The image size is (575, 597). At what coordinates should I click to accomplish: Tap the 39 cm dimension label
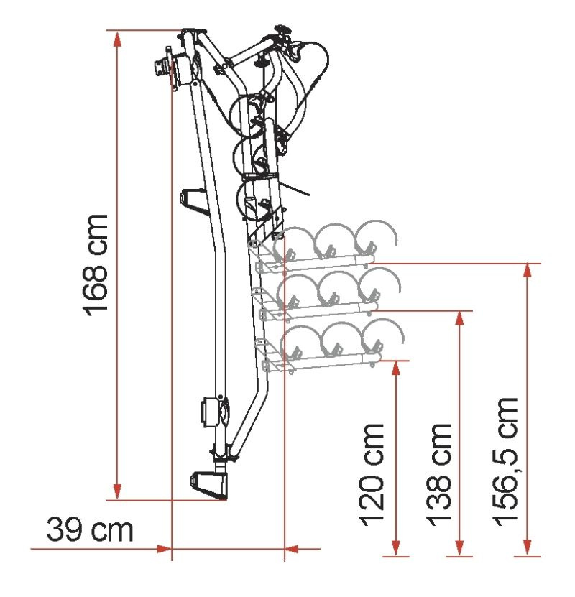[90, 529]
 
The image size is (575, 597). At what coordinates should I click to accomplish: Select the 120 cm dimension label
[372, 474]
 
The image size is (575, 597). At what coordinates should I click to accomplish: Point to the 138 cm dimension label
[438, 474]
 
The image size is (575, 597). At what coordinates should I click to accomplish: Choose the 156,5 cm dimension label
[506, 462]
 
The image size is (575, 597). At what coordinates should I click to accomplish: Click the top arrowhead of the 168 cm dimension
[118, 40]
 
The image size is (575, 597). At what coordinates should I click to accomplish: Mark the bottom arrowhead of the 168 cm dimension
[118, 491]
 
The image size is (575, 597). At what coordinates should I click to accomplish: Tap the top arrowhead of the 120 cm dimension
[396, 369]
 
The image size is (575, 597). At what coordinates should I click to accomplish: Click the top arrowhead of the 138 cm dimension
[459, 319]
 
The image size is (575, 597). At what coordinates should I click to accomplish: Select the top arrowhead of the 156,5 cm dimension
[528, 271]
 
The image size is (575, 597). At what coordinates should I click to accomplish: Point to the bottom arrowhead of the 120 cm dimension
[396, 548]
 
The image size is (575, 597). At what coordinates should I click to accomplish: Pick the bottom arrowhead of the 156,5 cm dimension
[528, 548]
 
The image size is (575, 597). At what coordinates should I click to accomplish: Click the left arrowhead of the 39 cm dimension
[164, 549]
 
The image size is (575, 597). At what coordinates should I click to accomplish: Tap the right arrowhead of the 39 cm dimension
[292, 549]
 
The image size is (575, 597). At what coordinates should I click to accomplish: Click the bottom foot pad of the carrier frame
[209, 486]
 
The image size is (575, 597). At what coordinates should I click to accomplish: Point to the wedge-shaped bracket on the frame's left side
[194, 201]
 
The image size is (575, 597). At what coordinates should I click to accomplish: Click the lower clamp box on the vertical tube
[210, 412]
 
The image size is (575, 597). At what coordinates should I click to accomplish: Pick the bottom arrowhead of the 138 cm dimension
[459, 548]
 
